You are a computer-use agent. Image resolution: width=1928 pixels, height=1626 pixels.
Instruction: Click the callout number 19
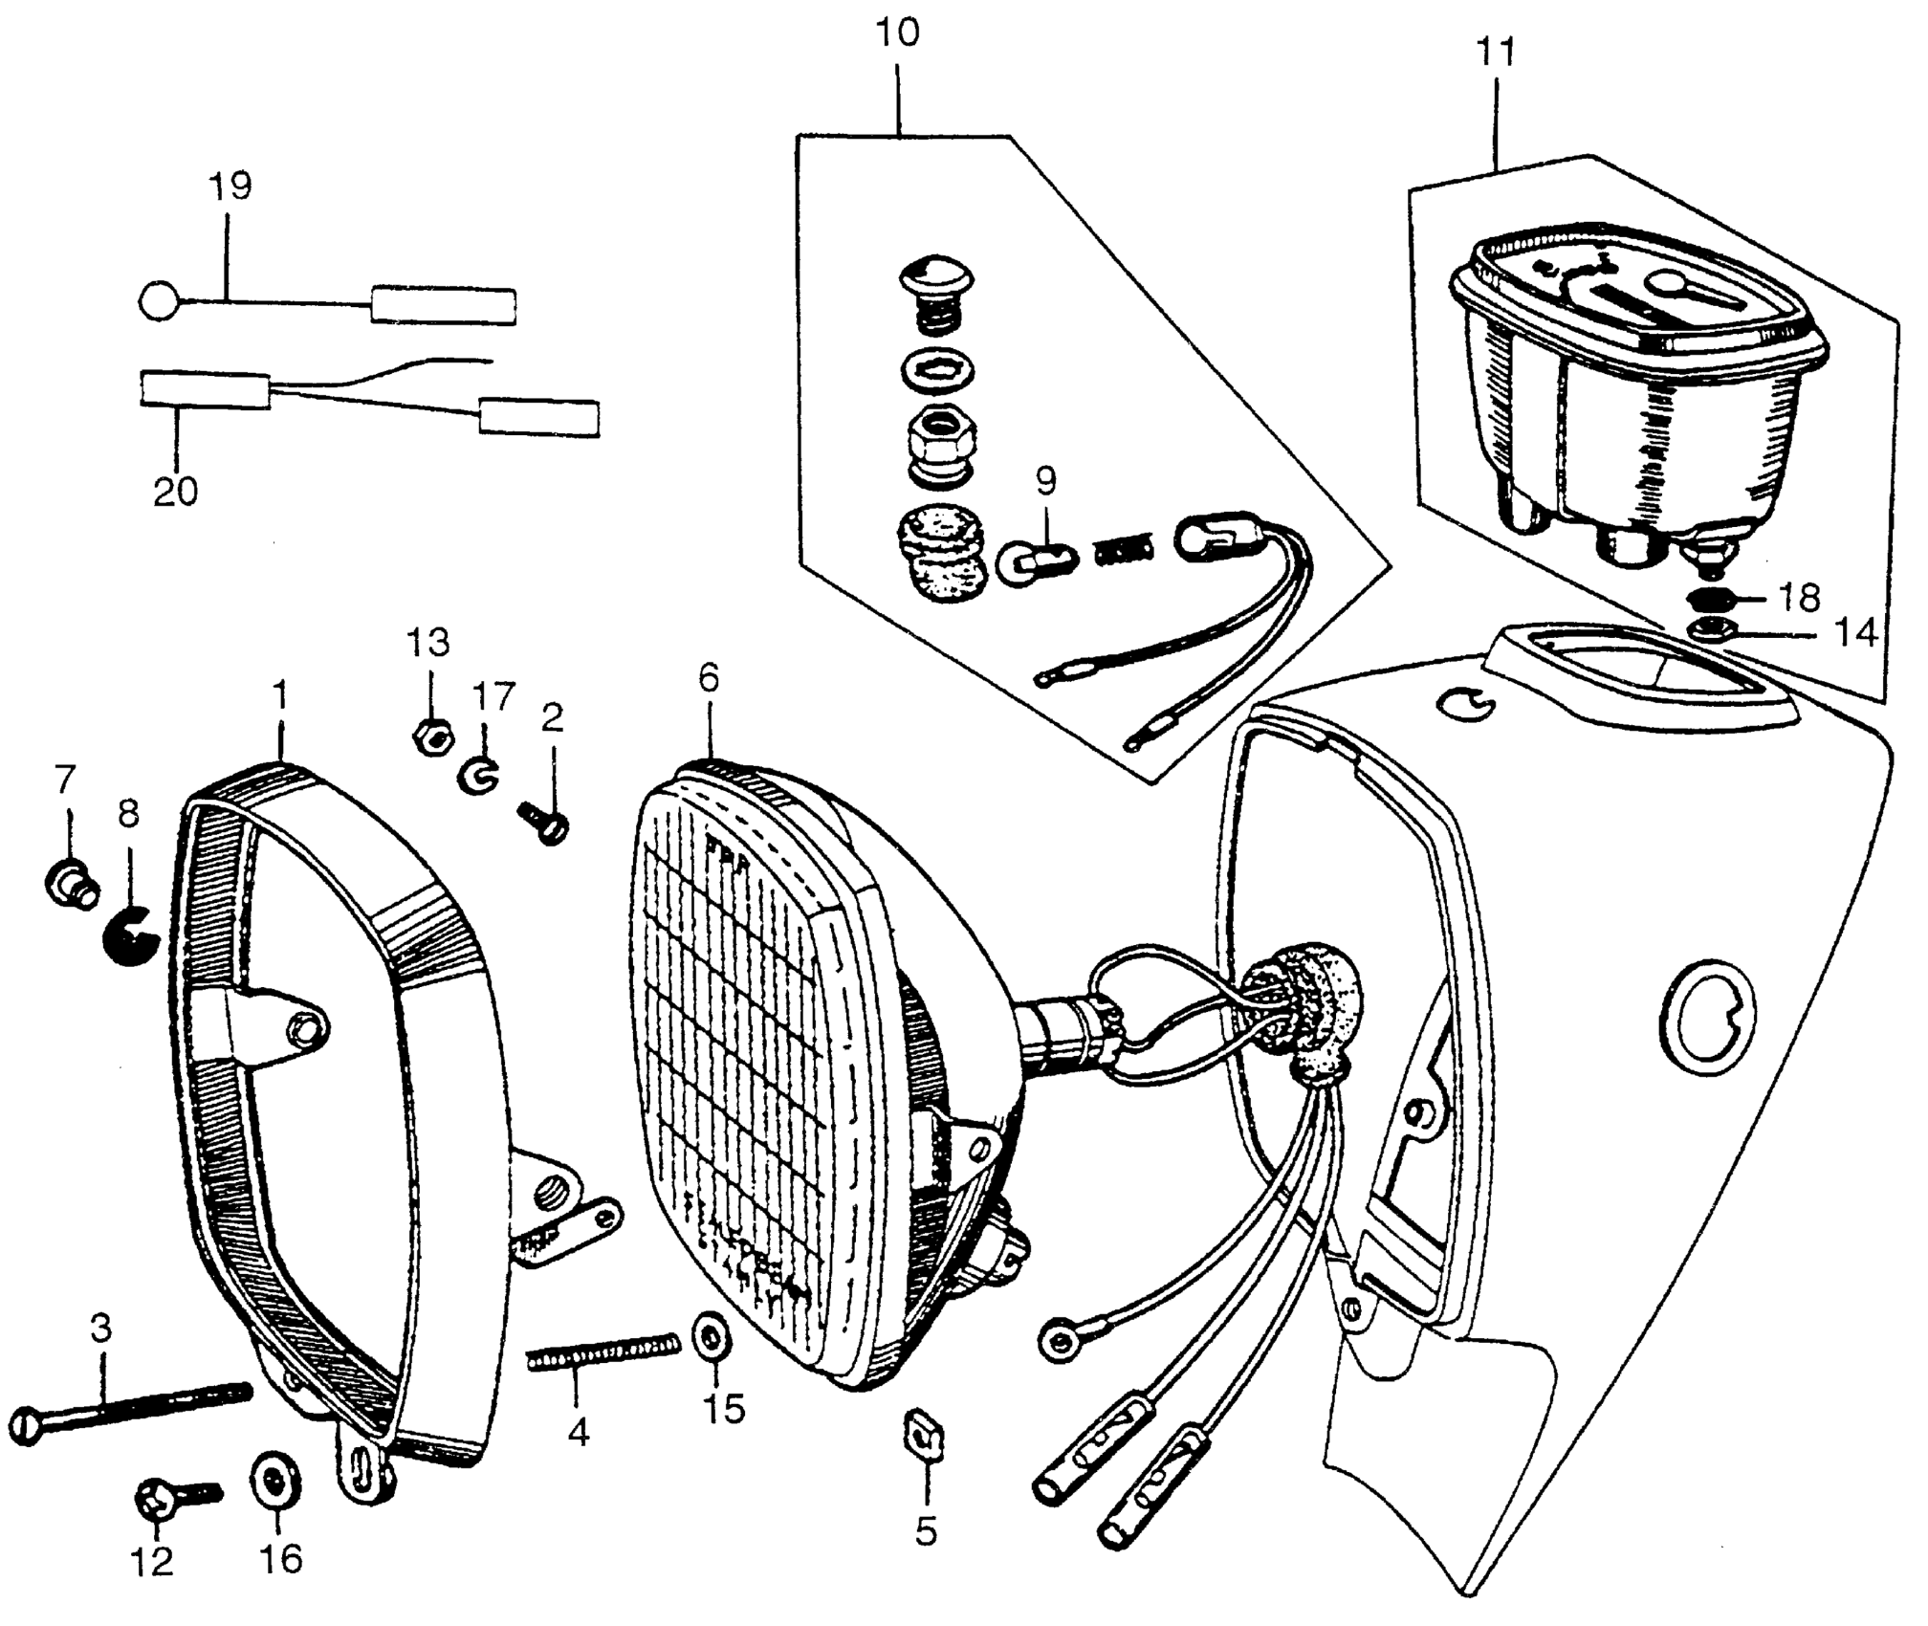[230, 187]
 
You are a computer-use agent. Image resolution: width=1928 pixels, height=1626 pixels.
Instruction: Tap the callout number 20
[176, 491]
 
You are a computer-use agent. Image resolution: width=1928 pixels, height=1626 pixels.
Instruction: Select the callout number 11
[1496, 54]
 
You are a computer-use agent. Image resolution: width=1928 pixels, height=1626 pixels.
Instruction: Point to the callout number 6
[708, 678]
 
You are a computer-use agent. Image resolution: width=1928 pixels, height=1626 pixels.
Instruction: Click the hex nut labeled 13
[429, 736]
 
